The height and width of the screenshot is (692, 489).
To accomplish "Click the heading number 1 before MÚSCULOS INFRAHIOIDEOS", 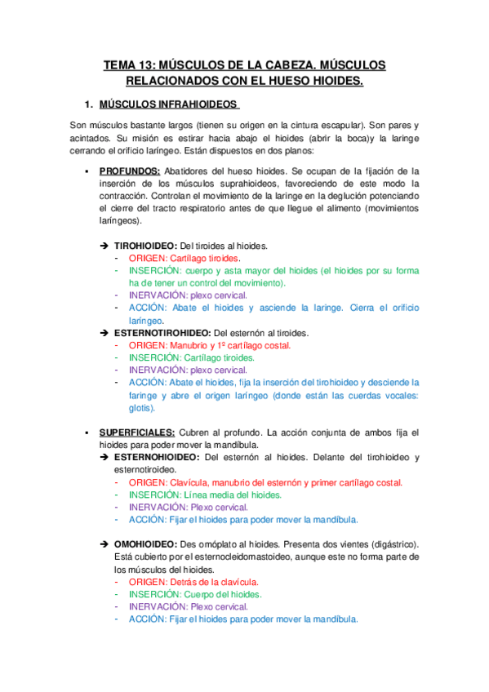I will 88,105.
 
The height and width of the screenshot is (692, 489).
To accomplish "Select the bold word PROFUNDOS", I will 129,171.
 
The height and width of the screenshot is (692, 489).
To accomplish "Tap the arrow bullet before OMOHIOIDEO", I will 104,543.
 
